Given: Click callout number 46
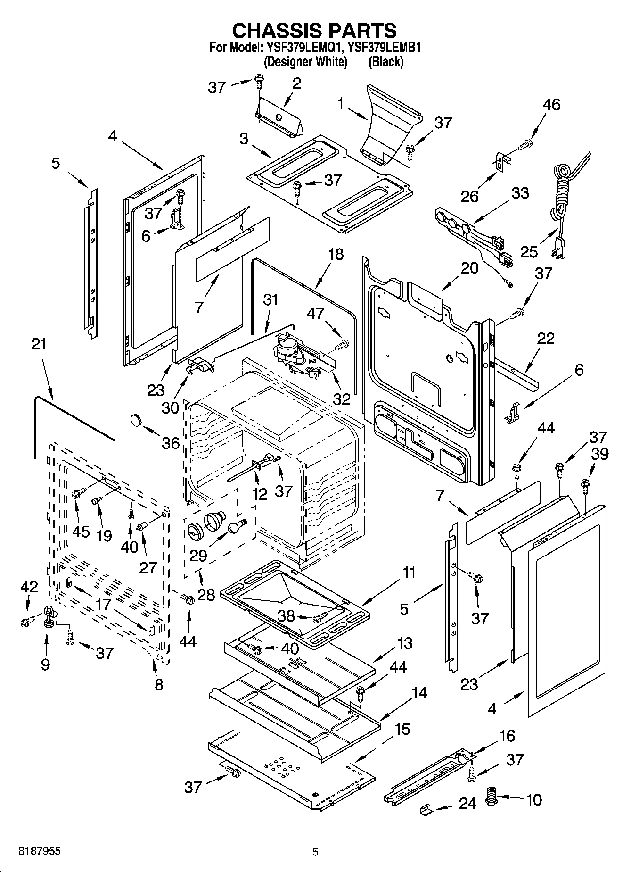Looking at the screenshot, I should pos(551,105).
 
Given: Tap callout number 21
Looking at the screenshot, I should pos(39,344).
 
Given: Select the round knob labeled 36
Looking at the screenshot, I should pos(137,419).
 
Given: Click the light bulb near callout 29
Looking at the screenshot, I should pos(237,525).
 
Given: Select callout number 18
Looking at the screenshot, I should pos(336,254).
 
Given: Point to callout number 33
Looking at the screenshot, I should pos(520,193).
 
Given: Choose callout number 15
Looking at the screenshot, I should pos(402,730).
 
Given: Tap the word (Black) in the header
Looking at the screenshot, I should pos(386,62).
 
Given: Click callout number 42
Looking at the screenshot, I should pos(29,587).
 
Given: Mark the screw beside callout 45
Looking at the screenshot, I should pos(79,493).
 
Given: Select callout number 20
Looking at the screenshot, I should pos(469,268).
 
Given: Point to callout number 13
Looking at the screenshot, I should pos(405,643).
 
